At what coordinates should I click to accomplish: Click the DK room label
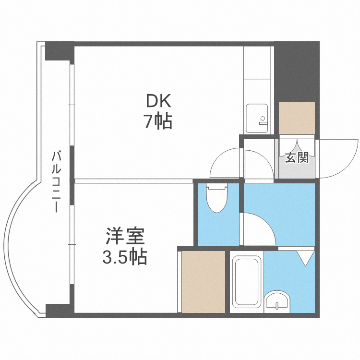(x=158, y=101)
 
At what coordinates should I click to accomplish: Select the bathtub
(x=246, y=282)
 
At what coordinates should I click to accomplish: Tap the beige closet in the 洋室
(x=202, y=282)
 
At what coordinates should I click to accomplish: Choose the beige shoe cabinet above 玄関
(x=297, y=118)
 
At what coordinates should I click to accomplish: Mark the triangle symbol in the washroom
(x=304, y=258)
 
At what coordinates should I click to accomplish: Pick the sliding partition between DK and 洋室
(x=133, y=181)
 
